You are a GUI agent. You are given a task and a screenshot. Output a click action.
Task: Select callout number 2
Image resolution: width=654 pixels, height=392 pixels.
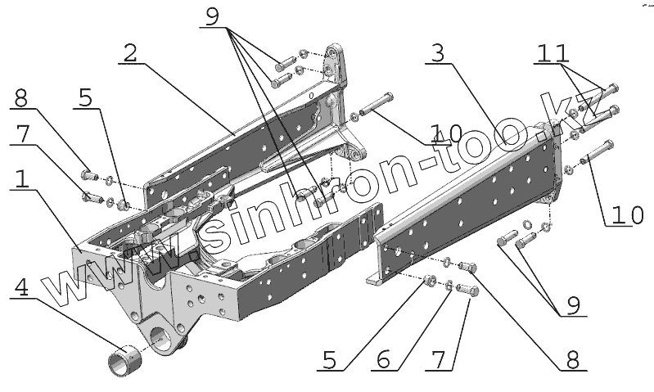click(130, 53)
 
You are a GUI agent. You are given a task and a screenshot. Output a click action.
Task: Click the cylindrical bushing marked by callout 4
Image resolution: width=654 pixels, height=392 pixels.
click(125, 360)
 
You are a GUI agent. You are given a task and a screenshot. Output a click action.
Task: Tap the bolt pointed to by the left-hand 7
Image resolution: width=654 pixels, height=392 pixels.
click(91, 196)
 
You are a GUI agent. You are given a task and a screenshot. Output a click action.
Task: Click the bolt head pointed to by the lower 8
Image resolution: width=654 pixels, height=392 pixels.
click(467, 266)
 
